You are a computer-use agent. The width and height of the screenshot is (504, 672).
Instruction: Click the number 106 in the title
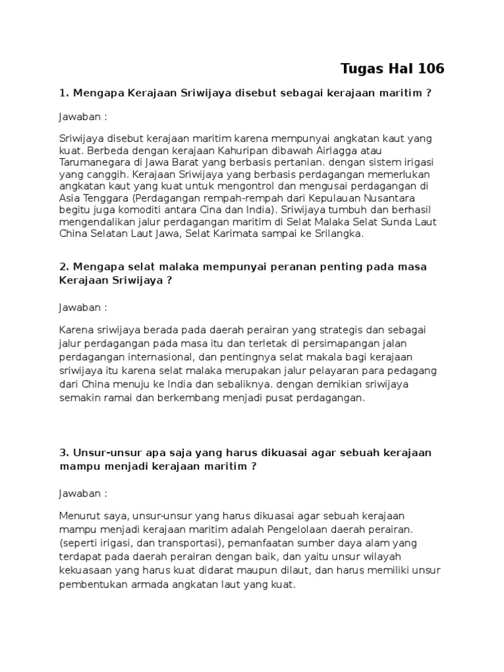coord(428,68)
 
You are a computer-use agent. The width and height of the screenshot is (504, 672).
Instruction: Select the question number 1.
coord(62,93)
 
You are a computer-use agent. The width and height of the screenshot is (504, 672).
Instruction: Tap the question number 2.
coord(63,267)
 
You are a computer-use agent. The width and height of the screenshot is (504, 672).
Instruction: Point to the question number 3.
coord(63,453)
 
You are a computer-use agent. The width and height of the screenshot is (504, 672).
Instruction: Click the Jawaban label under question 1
coord(82,117)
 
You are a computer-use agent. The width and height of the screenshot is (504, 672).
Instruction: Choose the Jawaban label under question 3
coord(82,493)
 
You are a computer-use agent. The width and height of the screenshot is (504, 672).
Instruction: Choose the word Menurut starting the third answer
coord(78,516)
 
